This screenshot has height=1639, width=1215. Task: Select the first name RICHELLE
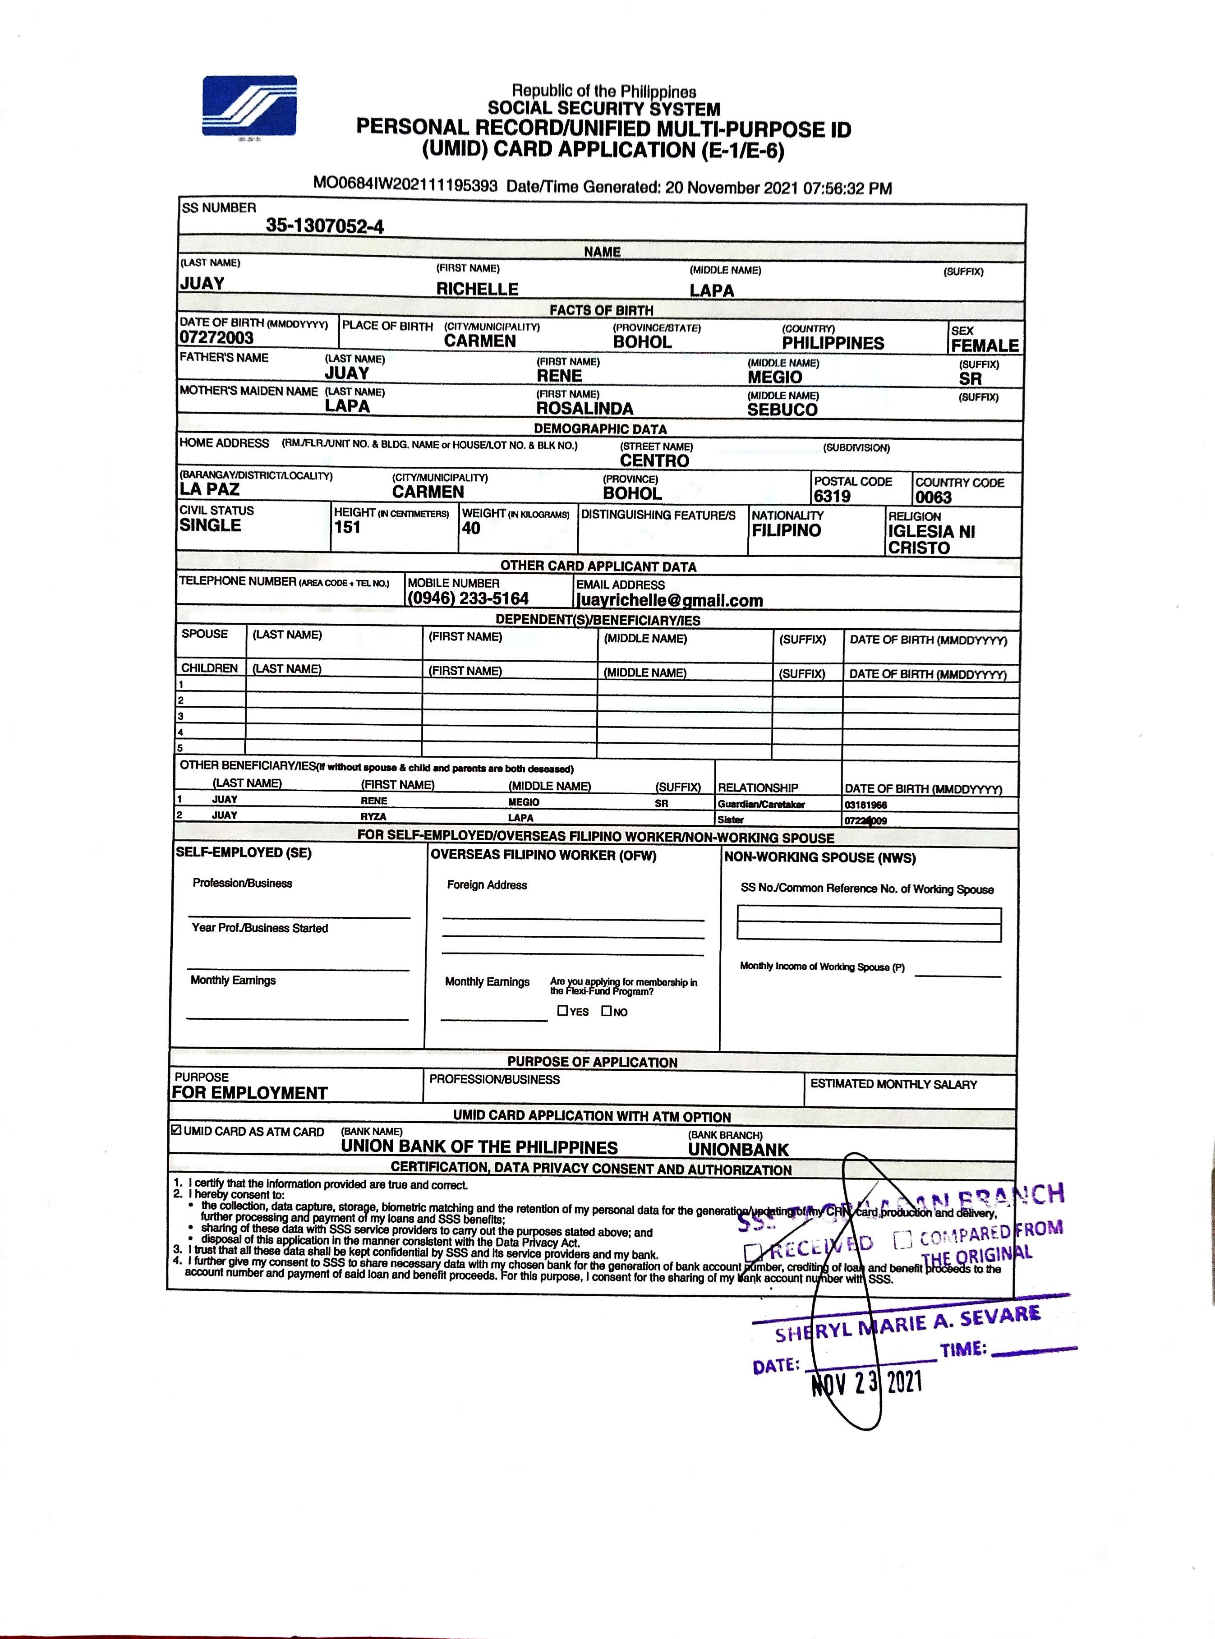[x=477, y=289]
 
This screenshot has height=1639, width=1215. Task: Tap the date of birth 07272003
[x=216, y=337]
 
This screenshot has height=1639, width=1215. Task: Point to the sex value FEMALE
[x=985, y=345]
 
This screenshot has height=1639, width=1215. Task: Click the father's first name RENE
[x=559, y=376]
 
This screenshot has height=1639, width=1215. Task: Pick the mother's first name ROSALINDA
[x=584, y=408]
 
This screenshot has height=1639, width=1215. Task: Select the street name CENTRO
[x=654, y=461]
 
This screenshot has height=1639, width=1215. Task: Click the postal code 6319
[x=832, y=496]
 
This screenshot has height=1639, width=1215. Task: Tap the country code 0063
[x=933, y=497]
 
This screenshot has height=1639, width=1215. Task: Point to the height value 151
[x=347, y=527]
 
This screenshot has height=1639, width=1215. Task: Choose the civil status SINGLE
[x=210, y=525]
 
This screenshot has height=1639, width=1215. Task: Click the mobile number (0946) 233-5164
[x=468, y=599]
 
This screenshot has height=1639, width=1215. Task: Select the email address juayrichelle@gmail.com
[x=669, y=601]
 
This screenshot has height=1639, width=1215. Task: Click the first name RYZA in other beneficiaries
[x=373, y=816]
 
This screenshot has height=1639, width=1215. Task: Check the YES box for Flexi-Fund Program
[x=563, y=1011]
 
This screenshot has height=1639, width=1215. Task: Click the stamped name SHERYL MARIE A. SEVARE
[x=907, y=1324]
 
